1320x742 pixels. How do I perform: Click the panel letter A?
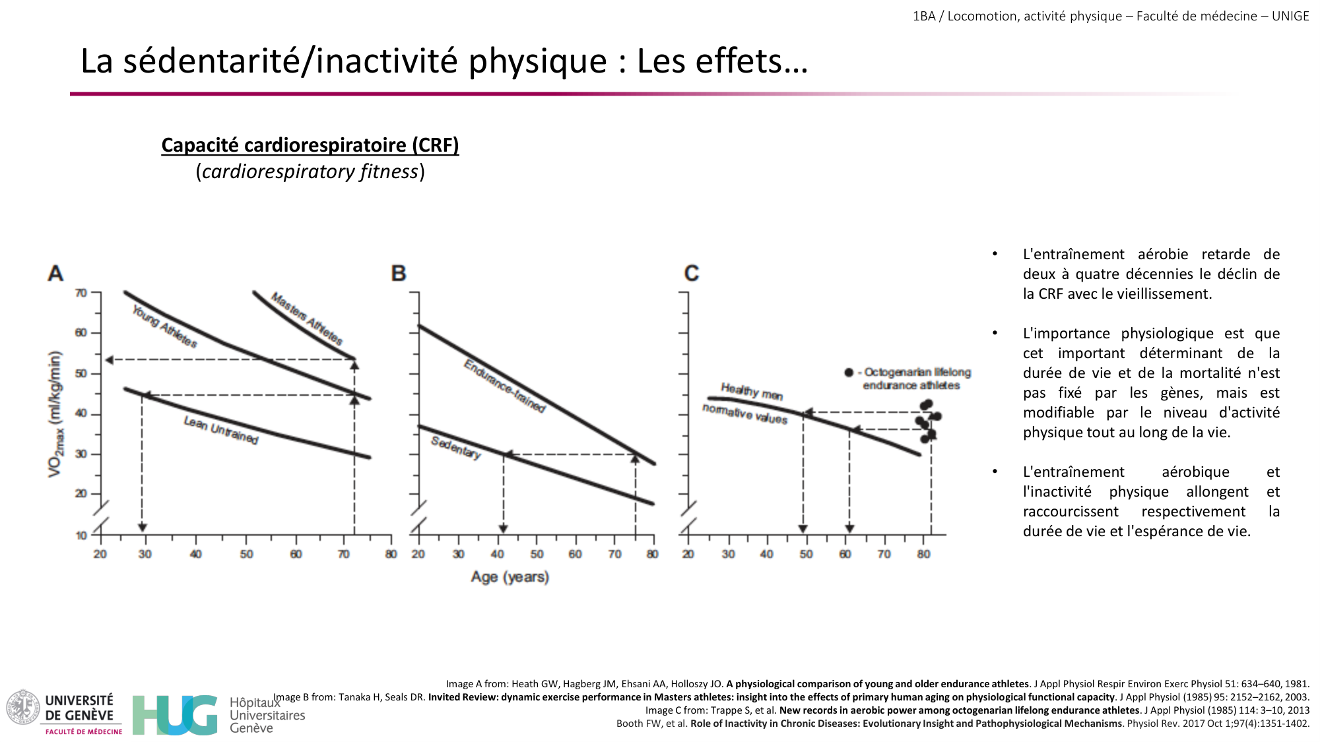coord(55,273)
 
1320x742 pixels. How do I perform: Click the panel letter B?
coord(399,273)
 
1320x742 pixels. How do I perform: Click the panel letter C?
coord(691,273)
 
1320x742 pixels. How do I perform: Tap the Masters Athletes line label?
coord(307,319)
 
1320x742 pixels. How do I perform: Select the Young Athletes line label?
coord(164,326)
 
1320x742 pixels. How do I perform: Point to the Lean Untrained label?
coord(221,430)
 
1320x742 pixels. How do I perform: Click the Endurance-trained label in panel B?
coord(505,386)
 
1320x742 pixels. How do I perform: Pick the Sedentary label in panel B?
coord(456,447)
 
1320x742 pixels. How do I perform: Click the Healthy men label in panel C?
coord(751,391)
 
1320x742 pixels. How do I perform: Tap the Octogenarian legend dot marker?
coord(849,373)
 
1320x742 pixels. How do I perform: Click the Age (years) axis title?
coord(510,577)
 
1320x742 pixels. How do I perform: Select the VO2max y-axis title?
coord(55,414)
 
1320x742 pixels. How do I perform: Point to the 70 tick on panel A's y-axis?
coord(81,293)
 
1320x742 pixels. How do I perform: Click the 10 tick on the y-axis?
coord(81,536)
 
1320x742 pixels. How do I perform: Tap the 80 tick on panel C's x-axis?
coord(923,554)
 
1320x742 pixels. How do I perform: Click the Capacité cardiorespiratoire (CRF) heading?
coord(310,145)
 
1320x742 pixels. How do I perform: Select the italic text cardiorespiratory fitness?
coord(310,171)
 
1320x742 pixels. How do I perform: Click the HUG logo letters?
coord(175,715)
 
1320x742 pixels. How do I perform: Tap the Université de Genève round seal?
coord(23,708)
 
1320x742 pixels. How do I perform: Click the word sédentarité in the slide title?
coord(211,61)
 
